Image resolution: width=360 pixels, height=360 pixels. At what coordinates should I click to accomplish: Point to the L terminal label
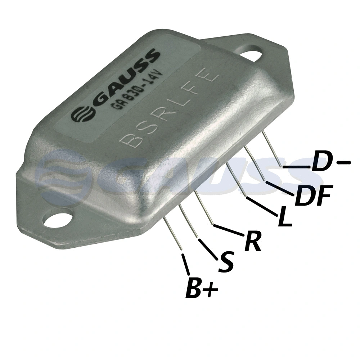point(285,217)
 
